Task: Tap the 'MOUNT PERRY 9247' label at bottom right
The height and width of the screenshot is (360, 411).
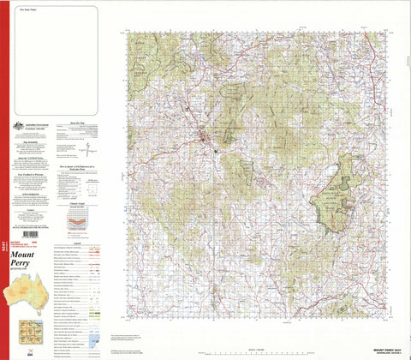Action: pyautogui.click(x=383, y=351)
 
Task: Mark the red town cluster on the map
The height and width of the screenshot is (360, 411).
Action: pyautogui.click(x=203, y=136)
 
